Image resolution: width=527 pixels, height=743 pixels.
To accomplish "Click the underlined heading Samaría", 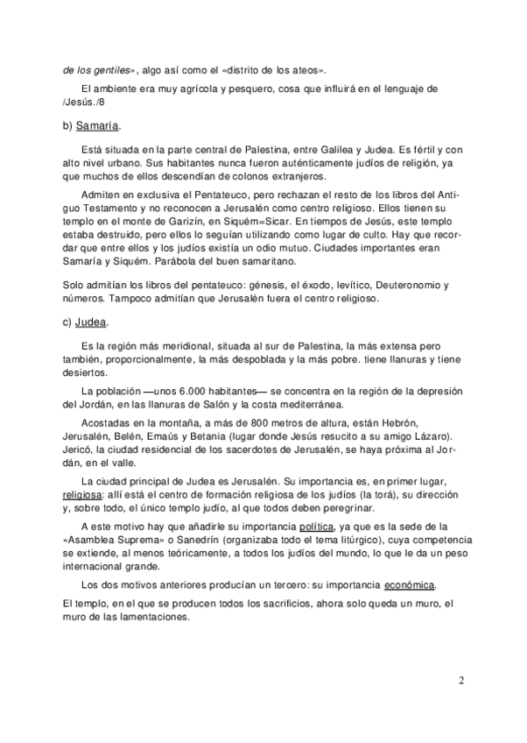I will pyautogui.click(x=98, y=125).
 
